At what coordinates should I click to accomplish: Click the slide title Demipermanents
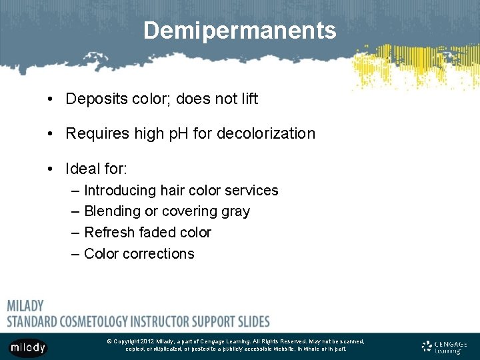click(x=239, y=31)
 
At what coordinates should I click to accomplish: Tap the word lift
click(x=246, y=99)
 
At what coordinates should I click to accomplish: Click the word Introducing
click(x=119, y=191)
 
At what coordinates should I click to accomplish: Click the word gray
click(x=237, y=212)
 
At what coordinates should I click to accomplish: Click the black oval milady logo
click(x=28, y=347)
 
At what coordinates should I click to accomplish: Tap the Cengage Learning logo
click(x=445, y=347)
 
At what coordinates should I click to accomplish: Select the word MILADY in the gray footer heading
click(x=25, y=306)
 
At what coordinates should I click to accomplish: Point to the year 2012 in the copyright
click(x=147, y=341)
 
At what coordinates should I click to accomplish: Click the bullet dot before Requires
click(x=51, y=133)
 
